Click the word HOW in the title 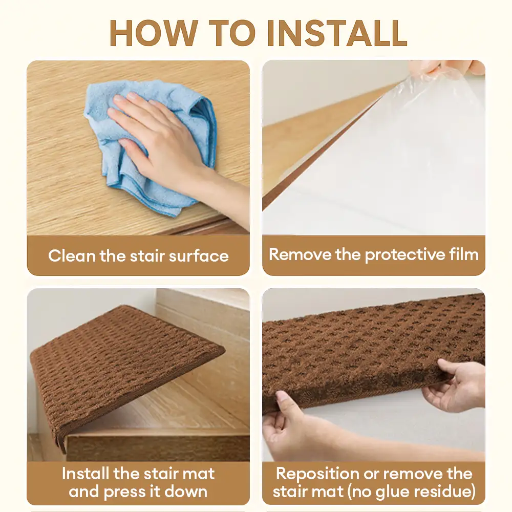click(154, 33)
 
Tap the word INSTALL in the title click(337, 33)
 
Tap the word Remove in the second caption click(300, 254)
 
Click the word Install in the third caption click(86, 474)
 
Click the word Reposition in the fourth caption click(317, 474)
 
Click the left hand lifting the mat click(294, 428)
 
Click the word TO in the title click(232, 33)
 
